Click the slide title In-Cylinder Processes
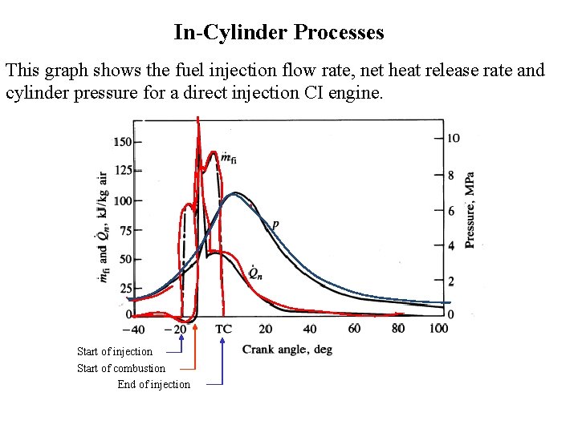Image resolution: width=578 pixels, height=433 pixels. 279,33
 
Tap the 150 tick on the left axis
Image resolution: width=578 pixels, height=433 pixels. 122,142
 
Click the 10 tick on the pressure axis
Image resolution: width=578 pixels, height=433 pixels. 454,138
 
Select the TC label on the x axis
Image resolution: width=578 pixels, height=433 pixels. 223,329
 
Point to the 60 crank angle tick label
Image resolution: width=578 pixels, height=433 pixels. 354,329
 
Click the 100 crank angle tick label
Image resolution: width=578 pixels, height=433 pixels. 438,329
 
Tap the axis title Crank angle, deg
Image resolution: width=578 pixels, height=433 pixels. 287,350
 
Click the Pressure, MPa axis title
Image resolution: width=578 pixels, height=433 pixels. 470,210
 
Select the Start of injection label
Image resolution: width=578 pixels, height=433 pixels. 114,351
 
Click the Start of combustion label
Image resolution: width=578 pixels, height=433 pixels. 120,368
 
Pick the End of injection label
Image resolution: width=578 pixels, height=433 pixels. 153,384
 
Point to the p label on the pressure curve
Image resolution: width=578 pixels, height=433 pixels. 275,225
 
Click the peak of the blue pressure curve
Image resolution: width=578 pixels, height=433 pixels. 234,193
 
